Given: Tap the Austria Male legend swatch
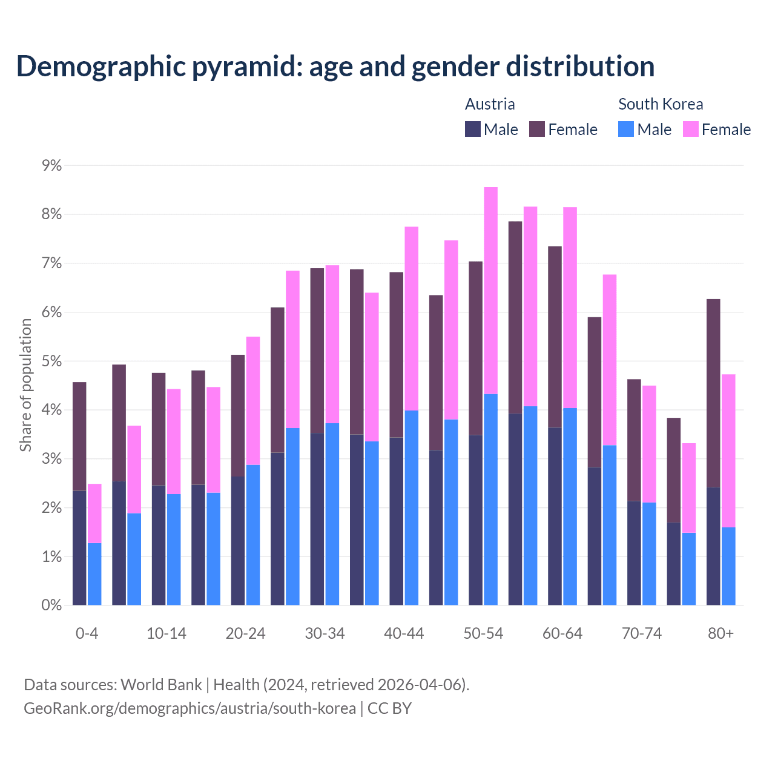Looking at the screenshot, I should click(x=473, y=129).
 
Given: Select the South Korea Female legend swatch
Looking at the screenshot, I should click(x=690, y=129).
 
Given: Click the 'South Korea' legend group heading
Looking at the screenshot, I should click(x=661, y=104).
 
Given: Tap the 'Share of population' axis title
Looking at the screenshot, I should click(x=26, y=385).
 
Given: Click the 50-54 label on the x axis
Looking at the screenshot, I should click(x=483, y=633).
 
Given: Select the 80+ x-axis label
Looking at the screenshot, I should click(x=721, y=633).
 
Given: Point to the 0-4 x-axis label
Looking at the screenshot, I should click(x=87, y=633).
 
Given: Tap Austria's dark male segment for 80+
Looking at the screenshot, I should click(x=713, y=546).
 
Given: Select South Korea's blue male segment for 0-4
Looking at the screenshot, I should click(x=94, y=574).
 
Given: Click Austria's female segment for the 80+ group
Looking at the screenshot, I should click(x=713, y=393).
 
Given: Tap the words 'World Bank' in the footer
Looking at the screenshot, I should click(x=161, y=685).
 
